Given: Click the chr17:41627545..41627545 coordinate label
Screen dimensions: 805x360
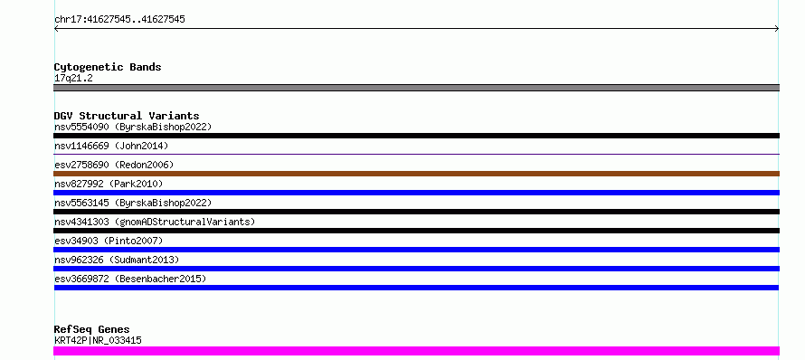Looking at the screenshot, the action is click(x=119, y=20).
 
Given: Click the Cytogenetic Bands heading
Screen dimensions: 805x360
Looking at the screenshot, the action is click(x=108, y=67).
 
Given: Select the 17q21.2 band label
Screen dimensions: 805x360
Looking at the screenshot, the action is click(x=73, y=78).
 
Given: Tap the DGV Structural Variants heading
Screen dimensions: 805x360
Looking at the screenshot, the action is click(x=127, y=116).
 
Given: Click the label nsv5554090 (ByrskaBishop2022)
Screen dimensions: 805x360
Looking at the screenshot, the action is click(x=133, y=127).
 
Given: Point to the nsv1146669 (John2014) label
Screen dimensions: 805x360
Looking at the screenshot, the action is click(x=111, y=146).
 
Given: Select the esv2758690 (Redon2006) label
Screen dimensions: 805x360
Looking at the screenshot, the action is click(x=114, y=165).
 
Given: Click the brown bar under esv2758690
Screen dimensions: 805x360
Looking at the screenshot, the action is click(x=416, y=174).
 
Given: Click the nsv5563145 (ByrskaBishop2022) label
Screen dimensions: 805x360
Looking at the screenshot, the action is click(x=133, y=203).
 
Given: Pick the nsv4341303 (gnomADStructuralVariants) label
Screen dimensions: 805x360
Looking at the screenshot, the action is click(x=155, y=222).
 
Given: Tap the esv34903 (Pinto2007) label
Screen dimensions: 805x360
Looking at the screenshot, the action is click(x=109, y=241).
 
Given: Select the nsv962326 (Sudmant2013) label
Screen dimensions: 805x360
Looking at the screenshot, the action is click(x=117, y=260).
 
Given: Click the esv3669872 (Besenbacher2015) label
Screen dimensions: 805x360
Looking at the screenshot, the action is click(x=130, y=279).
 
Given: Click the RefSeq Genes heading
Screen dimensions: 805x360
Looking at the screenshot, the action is click(x=92, y=329).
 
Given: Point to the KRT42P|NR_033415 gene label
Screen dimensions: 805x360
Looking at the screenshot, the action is click(x=98, y=340).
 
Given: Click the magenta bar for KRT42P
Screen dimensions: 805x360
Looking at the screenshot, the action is click(x=416, y=351).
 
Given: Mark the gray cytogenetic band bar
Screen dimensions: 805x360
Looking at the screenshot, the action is click(x=416, y=88).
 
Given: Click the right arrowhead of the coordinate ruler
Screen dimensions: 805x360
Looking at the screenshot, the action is click(x=777, y=29).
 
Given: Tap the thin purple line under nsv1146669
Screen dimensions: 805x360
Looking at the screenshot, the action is click(x=416, y=154).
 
